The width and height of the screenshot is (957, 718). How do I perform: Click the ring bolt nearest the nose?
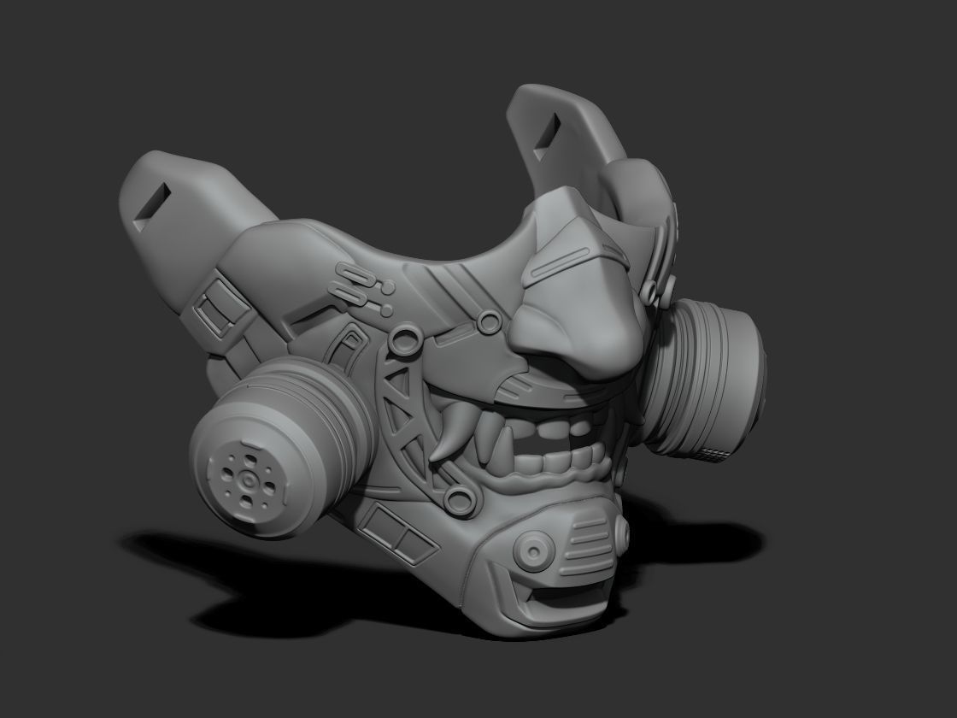tap(490, 321)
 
